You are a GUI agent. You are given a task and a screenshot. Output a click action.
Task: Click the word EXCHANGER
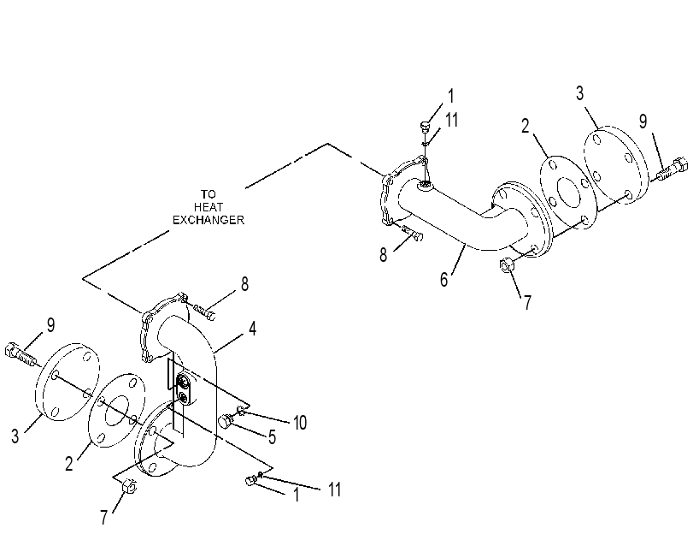(208, 220)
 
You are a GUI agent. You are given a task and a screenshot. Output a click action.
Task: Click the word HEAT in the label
(208, 207)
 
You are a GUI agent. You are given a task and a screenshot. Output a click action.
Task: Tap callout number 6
(443, 279)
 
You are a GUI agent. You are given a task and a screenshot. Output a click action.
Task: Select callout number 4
(252, 329)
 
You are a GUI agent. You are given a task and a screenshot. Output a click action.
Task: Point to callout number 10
(300, 423)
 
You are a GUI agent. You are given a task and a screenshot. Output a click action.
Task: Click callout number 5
(273, 437)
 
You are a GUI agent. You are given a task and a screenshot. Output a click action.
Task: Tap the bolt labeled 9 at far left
(20, 353)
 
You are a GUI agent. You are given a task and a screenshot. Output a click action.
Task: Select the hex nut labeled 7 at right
(507, 264)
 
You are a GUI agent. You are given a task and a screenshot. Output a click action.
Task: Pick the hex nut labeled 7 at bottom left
(129, 486)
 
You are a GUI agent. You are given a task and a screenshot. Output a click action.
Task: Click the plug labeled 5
(226, 421)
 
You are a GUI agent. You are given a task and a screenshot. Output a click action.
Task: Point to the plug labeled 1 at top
(425, 127)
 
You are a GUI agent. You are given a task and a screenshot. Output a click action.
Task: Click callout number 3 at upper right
(579, 93)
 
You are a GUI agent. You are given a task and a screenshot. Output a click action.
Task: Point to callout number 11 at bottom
(335, 489)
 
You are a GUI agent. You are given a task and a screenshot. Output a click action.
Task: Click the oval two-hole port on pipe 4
(184, 389)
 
